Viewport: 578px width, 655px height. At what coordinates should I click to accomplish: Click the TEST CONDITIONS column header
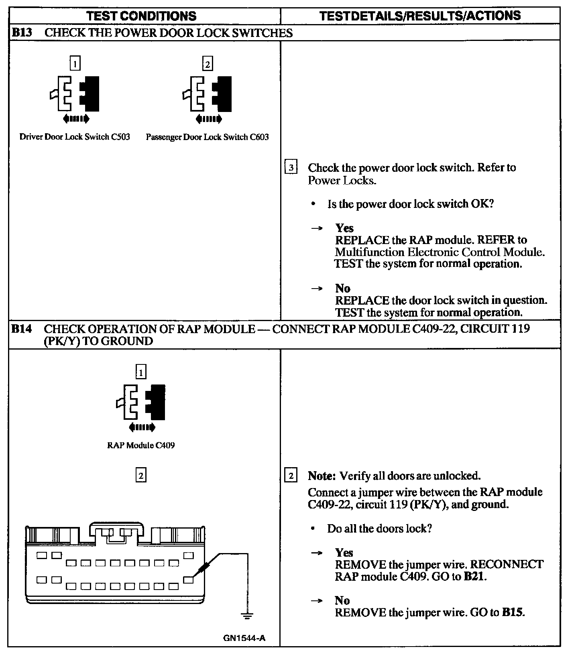(141, 16)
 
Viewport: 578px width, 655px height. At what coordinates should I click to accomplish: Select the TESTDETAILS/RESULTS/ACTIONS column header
(420, 16)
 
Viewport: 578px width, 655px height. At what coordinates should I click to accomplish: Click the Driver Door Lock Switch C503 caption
(75, 137)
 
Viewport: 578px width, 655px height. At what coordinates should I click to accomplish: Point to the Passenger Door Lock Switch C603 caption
(207, 137)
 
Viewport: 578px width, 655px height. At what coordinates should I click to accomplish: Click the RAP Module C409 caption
(141, 445)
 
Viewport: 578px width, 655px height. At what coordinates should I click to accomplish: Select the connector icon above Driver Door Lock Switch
(75, 94)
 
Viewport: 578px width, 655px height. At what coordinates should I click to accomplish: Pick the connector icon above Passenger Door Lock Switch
(207, 94)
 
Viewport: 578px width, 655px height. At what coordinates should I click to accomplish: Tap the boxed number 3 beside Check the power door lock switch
(291, 167)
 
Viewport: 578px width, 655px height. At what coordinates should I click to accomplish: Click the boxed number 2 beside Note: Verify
(291, 476)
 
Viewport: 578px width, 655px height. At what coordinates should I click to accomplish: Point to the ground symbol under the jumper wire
(247, 614)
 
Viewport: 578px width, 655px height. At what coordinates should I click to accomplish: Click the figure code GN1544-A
(244, 638)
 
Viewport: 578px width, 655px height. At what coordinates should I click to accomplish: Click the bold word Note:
(322, 476)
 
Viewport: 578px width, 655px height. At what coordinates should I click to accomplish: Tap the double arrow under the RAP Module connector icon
(141, 427)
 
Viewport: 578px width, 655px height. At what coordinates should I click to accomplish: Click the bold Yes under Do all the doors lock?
(344, 553)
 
